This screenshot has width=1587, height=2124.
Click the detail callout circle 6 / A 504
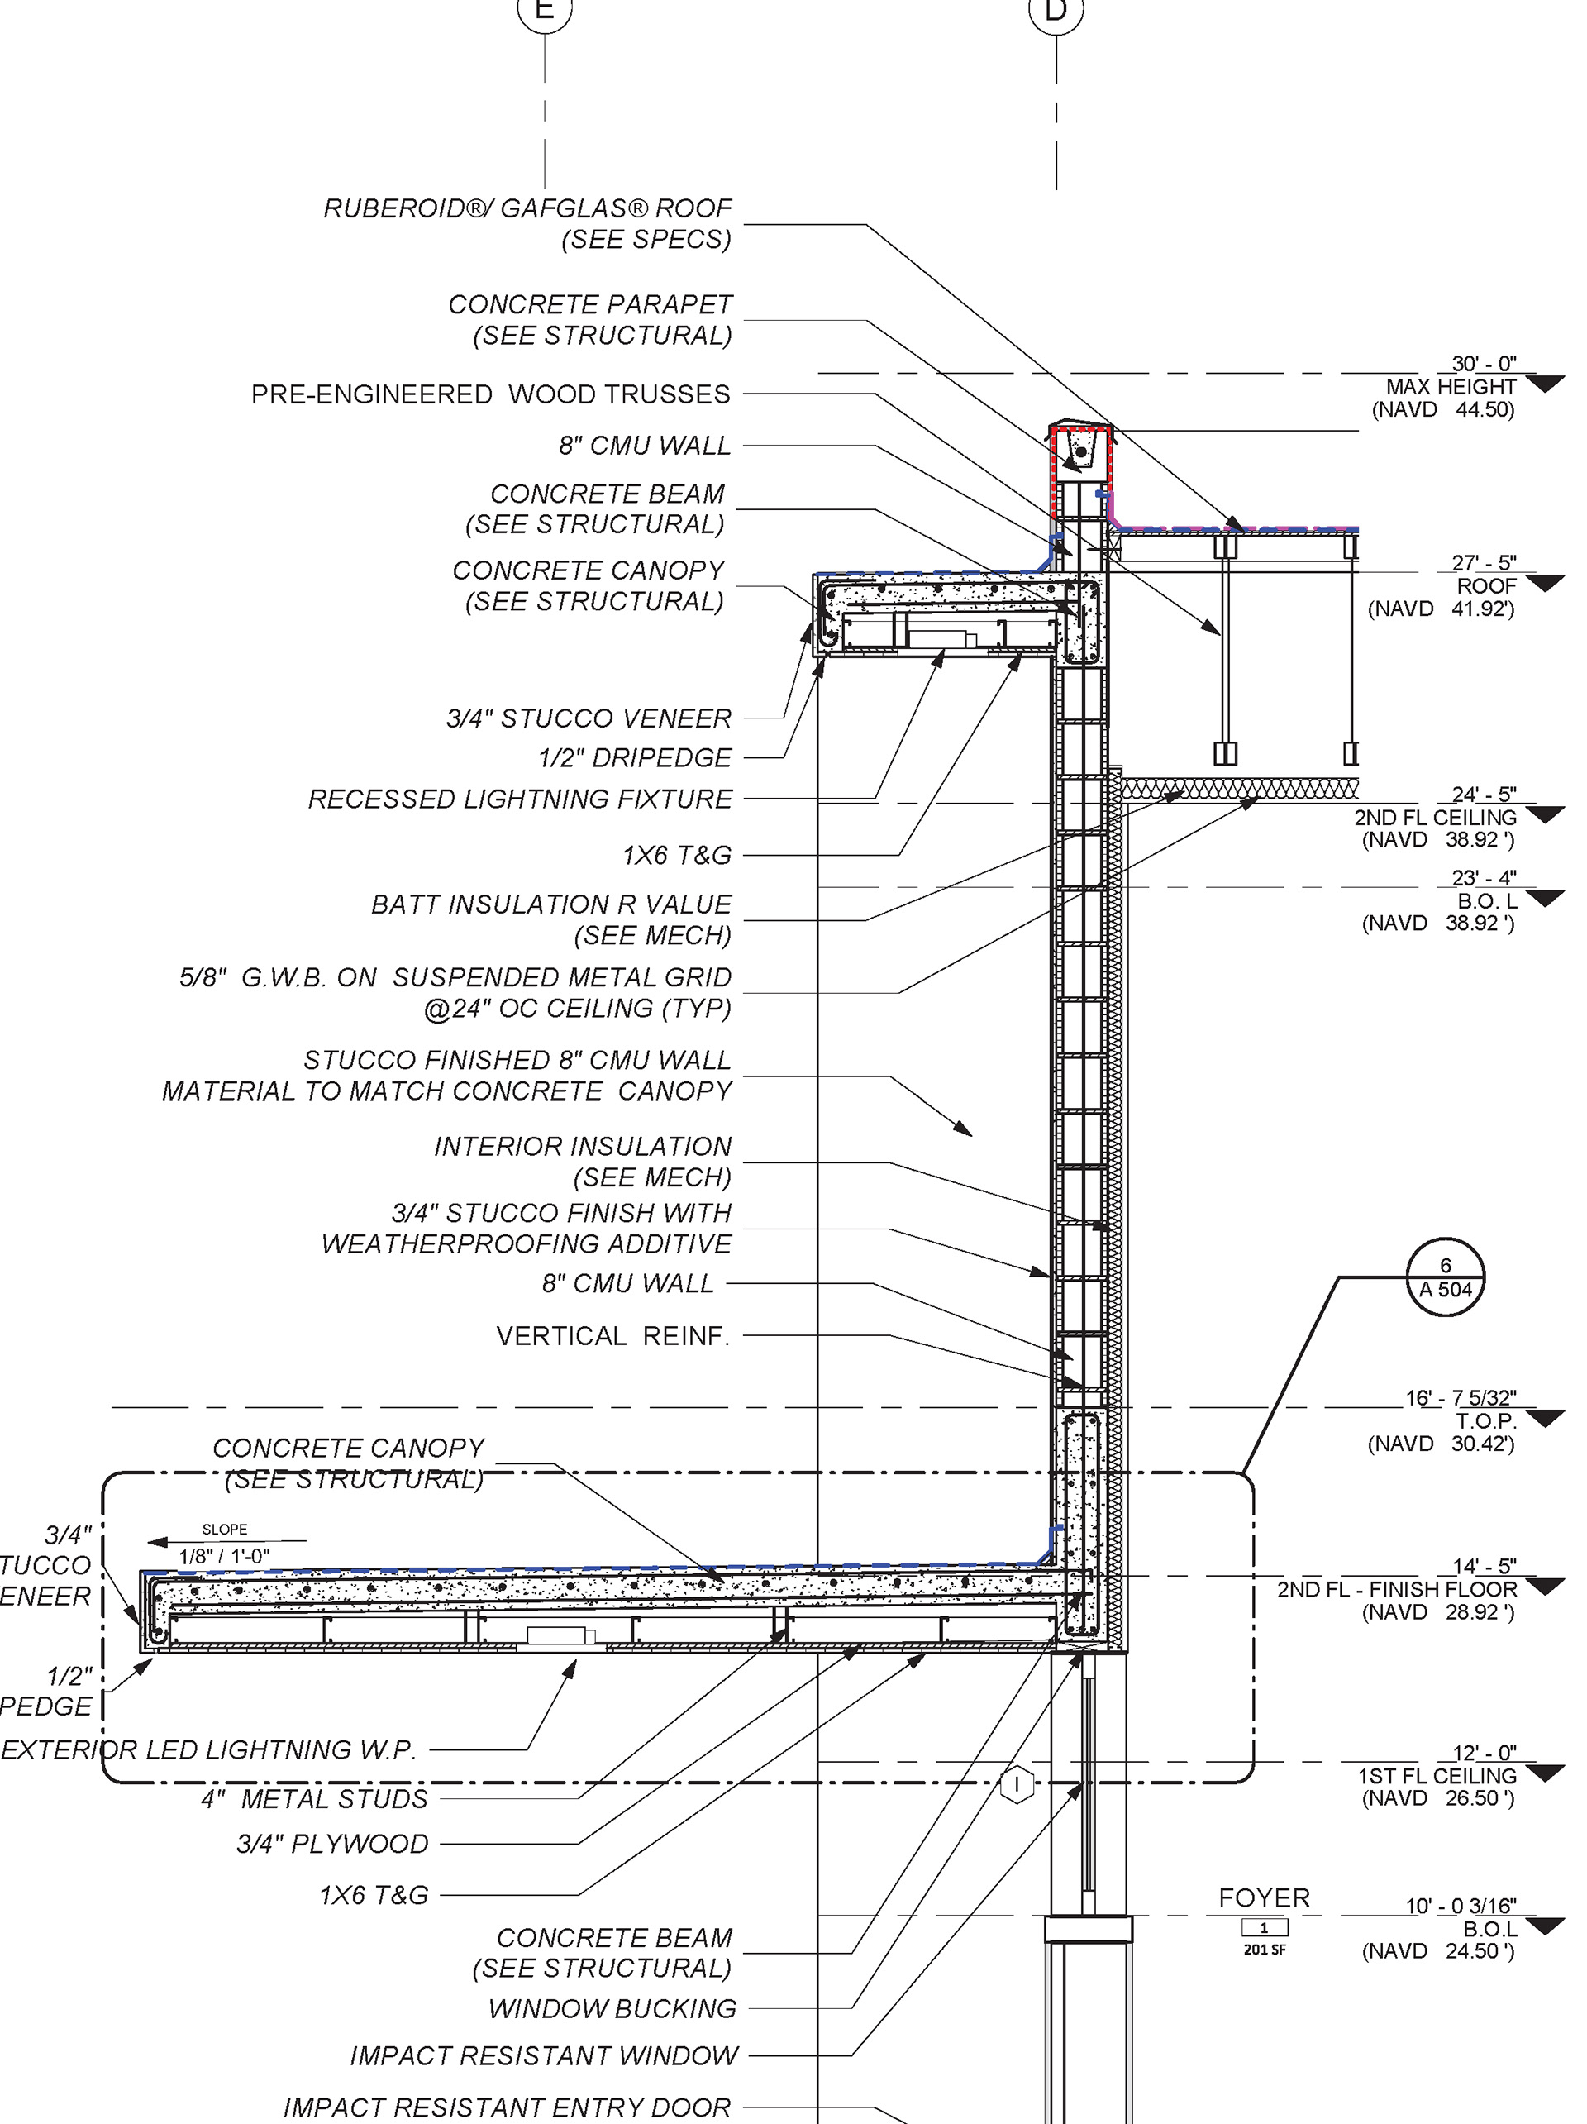pyautogui.click(x=1444, y=1277)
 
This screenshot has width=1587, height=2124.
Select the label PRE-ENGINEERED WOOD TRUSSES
pyautogui.click(x=491, y=394)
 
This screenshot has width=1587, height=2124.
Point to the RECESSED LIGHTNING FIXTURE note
pyautogui.click(x=519, y=799)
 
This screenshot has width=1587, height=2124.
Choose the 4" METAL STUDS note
pyautogui.click(x=314, y=1798)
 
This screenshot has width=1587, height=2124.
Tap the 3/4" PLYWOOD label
pyautogui.click(x=332, y=1844)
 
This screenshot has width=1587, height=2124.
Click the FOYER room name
pyautogui.click(x=1264, y=1897)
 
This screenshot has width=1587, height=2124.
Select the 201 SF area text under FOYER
pyautogui.click(x=1264, y=1950)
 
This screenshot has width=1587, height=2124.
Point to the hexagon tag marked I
pyautogui.click(x=1016, y=1784)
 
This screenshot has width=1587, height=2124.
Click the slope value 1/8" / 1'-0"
pyautogui.click(x=224, y=1555)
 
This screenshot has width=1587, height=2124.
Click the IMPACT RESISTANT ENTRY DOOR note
pyautogui.click(x=507, y=2107)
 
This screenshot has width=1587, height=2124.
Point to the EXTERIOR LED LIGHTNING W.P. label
pyautogui.click(x=208, y=1749)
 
